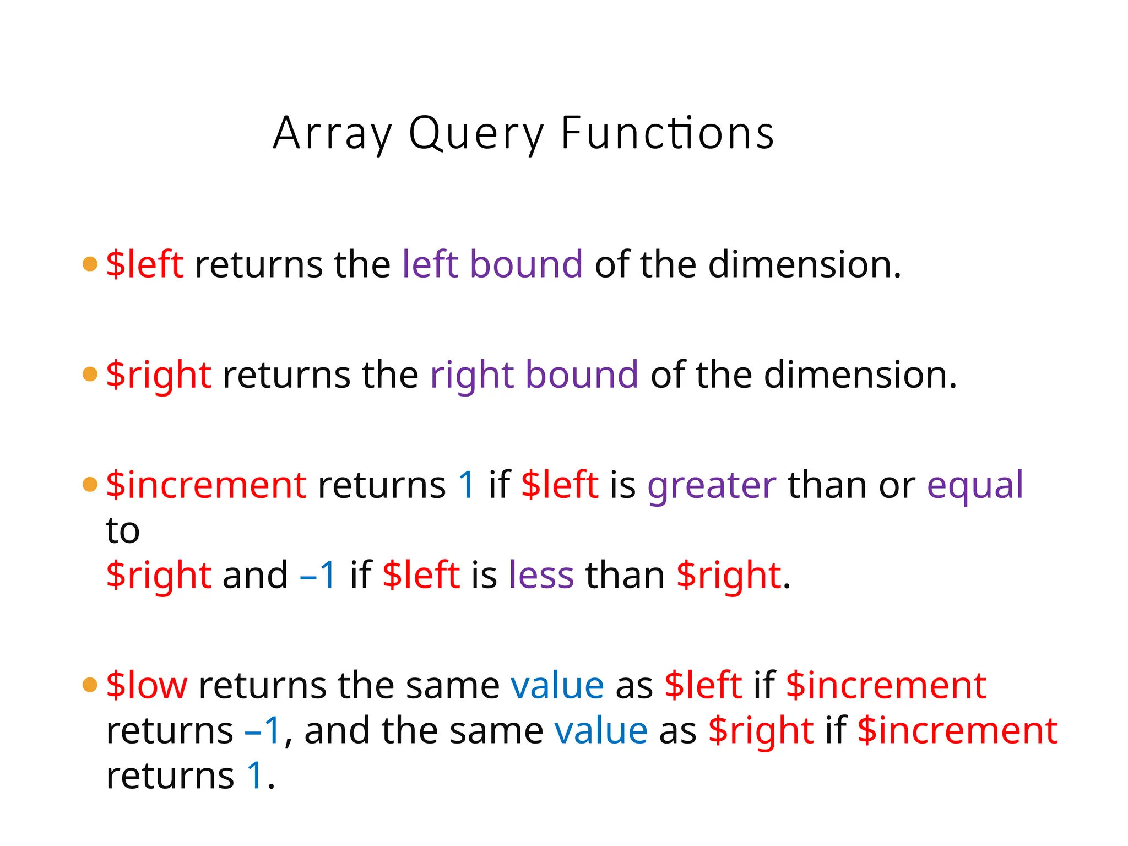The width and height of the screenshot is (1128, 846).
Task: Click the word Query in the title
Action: (476, 134)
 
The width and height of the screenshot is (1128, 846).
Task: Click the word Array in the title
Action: (333, 134)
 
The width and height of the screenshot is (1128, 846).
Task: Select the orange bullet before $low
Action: (90, 685)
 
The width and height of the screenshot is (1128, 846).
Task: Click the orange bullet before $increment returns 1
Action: (90, 485)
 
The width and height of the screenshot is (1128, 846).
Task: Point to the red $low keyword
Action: (147, 685)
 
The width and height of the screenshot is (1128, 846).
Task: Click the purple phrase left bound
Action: (492, 264)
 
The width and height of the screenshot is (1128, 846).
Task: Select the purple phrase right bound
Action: (534, 375)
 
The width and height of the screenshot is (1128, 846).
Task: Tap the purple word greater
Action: (711, 486)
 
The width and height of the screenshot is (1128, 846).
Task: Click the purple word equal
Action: (974, 486)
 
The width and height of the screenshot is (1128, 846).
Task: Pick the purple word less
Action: (541, 575)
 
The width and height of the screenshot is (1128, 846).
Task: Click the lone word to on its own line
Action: (122, 531)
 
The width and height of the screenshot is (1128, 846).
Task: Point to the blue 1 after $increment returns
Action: (466, 485)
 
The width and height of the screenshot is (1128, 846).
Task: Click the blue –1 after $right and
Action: (318, 575)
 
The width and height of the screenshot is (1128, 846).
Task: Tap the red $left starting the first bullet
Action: (144, 264)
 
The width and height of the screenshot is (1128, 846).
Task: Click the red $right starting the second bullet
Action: (158, 375)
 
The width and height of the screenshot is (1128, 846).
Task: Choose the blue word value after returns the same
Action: (557, 686)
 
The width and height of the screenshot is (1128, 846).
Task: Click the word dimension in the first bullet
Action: (799, 264)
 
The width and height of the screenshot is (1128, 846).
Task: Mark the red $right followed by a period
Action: (728, 575)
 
